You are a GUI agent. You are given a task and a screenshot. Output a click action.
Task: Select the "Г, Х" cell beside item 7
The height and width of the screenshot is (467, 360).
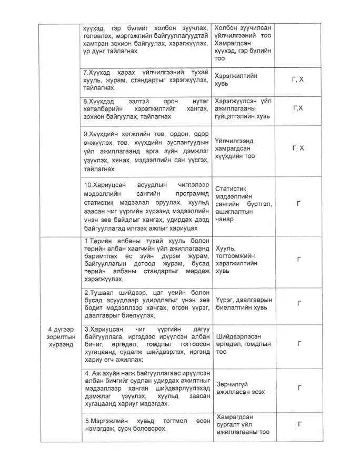298,80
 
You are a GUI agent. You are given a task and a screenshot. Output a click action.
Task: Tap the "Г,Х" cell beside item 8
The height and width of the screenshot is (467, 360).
298,107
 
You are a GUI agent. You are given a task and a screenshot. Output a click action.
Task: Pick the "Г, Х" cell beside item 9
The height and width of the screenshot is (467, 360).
298,148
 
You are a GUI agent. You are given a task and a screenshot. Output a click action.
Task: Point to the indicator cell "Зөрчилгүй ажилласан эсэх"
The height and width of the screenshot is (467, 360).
240,389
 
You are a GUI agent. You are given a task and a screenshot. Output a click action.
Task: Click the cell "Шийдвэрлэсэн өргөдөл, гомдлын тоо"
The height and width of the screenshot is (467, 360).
243,344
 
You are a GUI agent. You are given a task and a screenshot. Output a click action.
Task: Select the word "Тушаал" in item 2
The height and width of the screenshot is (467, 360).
101,293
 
